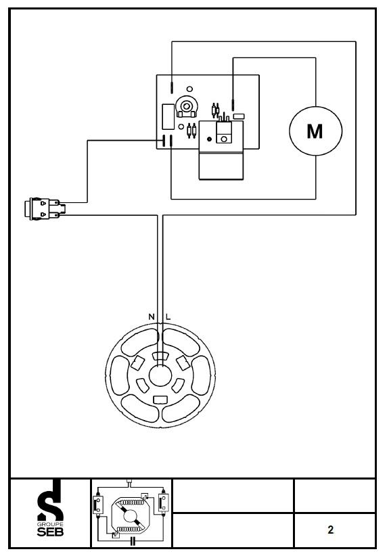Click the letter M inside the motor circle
tap(315, 131)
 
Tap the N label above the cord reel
tap(152, 317)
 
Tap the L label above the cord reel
tap(168, 317)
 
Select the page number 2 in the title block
tap(330, 530)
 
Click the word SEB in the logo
tap(50, 532)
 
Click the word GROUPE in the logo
tap(50, 524)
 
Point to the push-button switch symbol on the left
tap(45, 208)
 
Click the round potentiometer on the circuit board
tap(186, 106)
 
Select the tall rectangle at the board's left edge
tap(168, 116)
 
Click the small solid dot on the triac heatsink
tap(209, 139)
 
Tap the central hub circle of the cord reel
tap(160, 376)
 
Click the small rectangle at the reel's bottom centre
tap(160, 400)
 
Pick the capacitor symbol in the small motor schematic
tap(133, 540)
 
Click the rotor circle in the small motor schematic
tap(129, 516)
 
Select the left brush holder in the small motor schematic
tap(98, 504)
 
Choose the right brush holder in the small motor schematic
tap(163, 502)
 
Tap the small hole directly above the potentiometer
tap(189, 89)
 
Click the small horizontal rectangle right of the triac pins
tap(239, 116)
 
